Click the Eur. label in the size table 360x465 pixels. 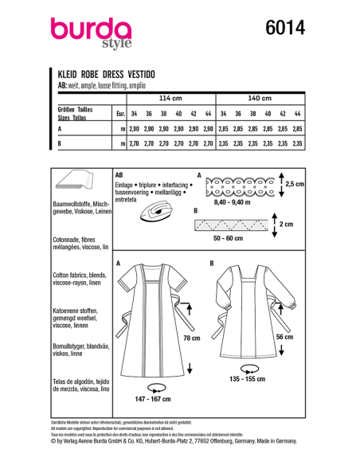(120, 113)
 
